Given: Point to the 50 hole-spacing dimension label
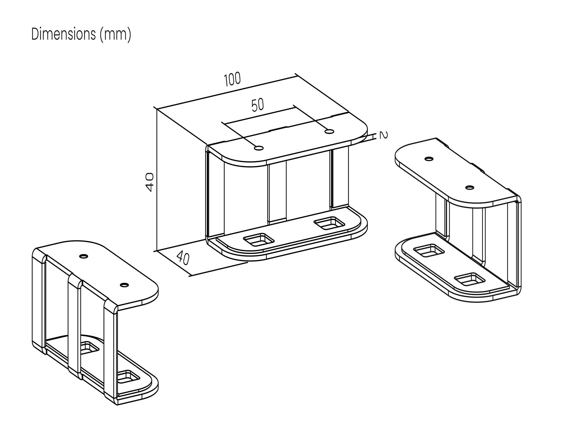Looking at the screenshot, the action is coord(258,105).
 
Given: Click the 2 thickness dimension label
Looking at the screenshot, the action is coord(383,135).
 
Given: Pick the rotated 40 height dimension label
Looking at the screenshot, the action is coord(150,182).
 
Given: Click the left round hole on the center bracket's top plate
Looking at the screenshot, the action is coord(259,148).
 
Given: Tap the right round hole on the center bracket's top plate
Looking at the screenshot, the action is coord(329,132).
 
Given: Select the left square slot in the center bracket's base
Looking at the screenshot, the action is coord(259,240).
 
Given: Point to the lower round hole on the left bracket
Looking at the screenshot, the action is coord(124,285).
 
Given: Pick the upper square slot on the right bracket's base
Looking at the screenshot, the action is coord(429,250).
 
